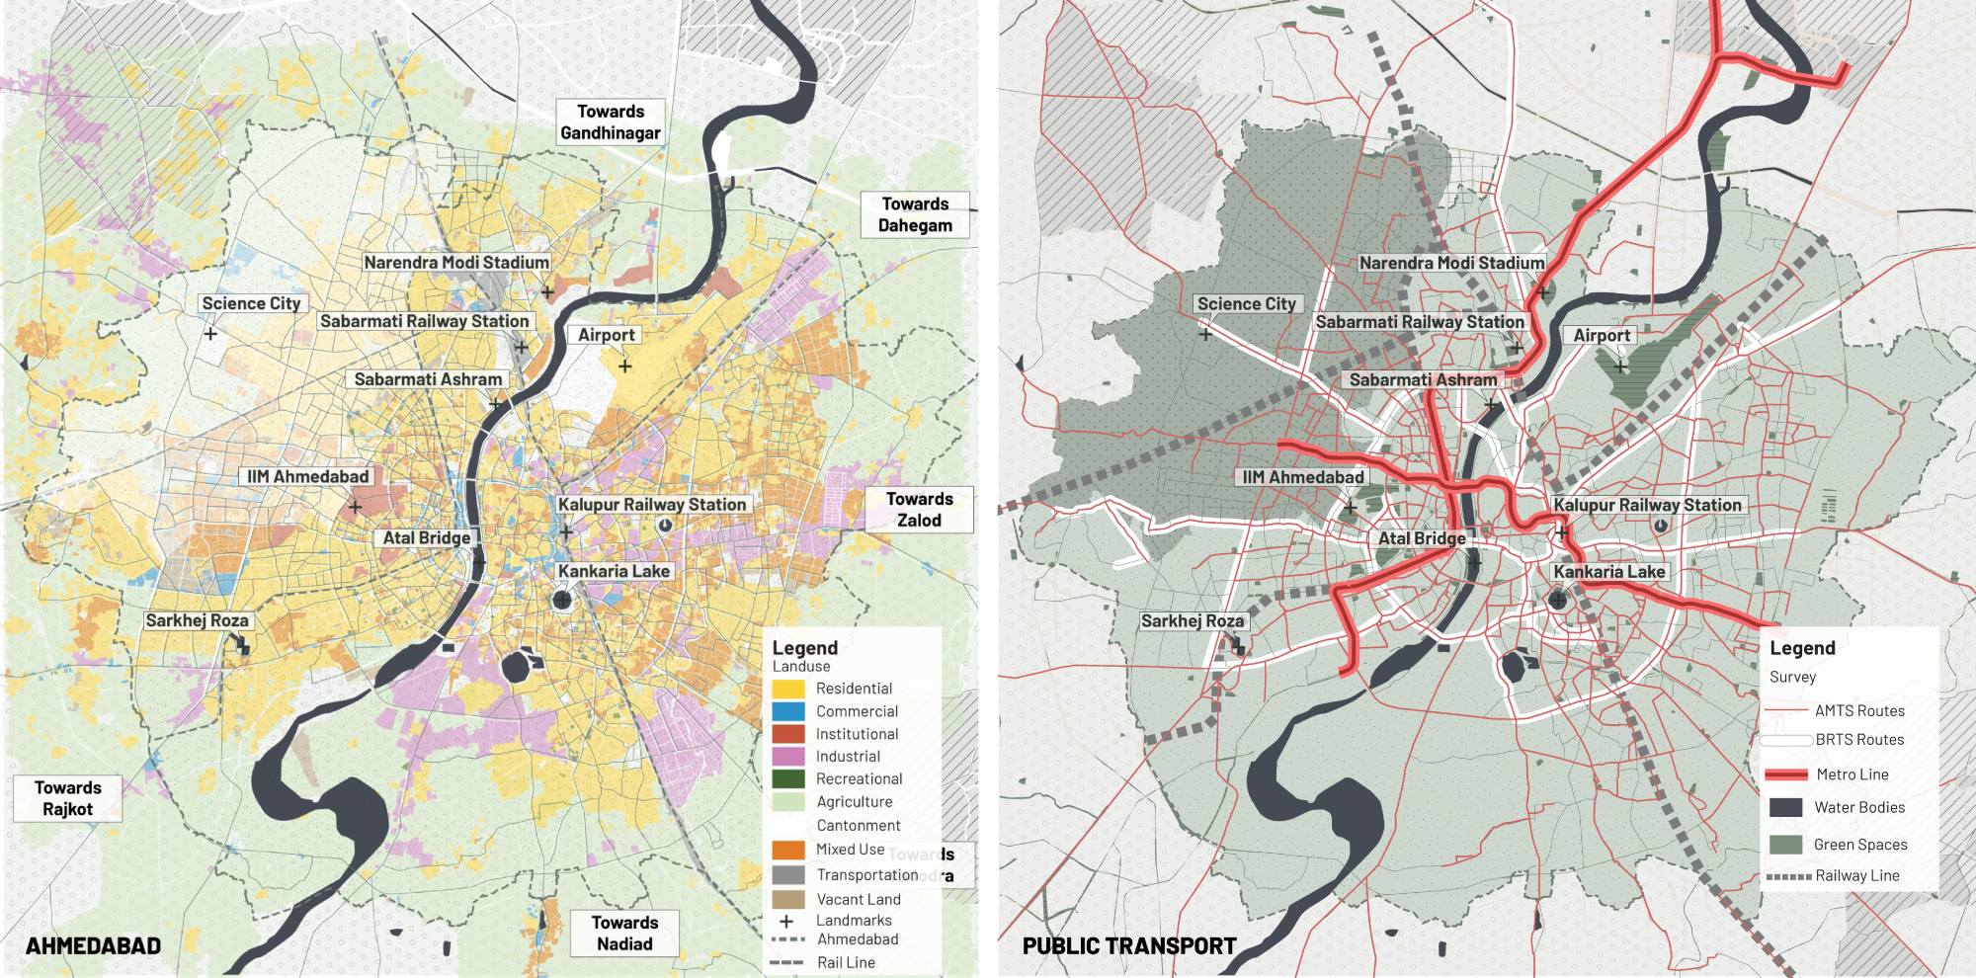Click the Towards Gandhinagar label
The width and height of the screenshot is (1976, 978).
610,122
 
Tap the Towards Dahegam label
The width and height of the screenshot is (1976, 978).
915,214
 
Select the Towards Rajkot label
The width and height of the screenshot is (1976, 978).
67,798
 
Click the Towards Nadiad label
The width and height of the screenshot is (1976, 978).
624,933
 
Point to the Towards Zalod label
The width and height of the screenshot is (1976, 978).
919,510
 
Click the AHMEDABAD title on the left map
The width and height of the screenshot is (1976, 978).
93,945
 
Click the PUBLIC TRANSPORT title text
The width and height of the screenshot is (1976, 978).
1129,945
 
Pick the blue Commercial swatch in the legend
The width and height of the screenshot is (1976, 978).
788,711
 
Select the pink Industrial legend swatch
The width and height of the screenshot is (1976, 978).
788,757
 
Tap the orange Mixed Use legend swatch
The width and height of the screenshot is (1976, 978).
788,850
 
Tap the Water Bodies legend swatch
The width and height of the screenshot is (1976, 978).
1785,807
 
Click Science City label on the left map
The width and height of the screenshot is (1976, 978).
251,303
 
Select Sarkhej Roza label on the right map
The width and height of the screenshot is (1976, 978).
1192,621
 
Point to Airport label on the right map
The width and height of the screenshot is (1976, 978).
1602,335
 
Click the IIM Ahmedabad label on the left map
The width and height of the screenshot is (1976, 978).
307,476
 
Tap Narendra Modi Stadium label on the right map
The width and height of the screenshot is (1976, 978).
1451,263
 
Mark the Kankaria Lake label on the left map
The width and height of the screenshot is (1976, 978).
614,571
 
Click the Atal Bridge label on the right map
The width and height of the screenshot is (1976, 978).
1422,538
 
